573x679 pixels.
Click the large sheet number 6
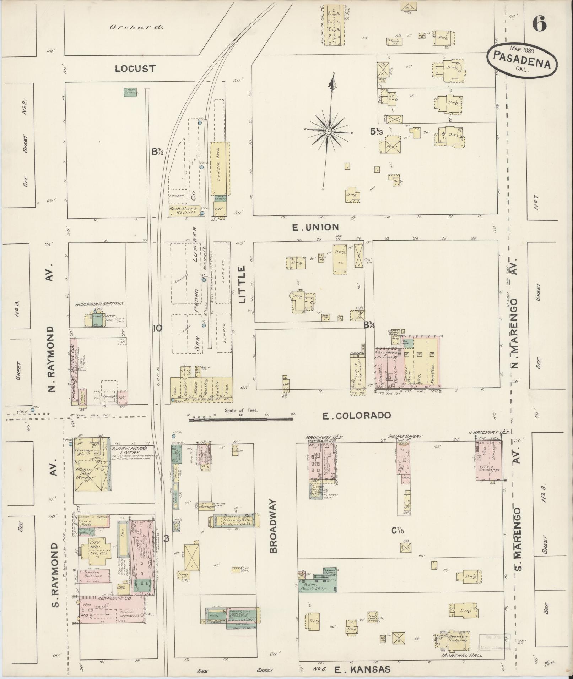(x=539, y=24)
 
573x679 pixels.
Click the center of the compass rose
(x=329, y=132)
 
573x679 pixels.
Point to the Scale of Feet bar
(x=241, y=419)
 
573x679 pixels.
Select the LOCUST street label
(x=135, y=69)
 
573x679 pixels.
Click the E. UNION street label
(x=315, y=227)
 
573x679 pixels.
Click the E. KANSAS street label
(x=362, y=670)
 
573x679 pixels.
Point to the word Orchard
(x=136, y=27)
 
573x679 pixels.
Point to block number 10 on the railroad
(x=157, y=328)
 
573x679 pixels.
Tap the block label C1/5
(x=398, y=541)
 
